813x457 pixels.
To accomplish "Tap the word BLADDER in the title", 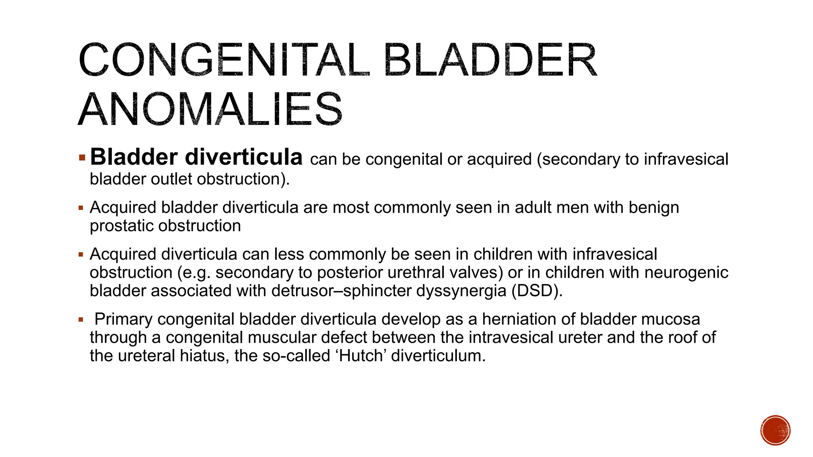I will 490,60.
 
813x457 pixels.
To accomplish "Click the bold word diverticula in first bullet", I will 244,157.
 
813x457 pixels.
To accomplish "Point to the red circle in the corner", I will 775,430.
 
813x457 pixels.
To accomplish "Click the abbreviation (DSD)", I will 537,291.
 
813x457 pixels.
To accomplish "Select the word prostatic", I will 121,226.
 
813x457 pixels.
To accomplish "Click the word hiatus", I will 204,356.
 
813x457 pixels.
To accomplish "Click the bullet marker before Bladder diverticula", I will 82,158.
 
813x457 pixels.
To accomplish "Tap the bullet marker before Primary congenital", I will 81,320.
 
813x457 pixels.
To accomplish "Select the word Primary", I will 123,319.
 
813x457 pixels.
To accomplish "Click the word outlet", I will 173,179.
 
